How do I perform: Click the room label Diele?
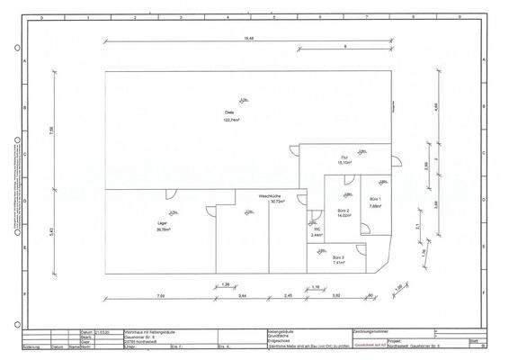(229, 112)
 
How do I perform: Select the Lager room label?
(162, 223)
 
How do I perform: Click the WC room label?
(317, 229)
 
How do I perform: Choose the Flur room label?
(344, 157)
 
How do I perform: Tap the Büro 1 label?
(375, 199)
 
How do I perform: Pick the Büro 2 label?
(344, 210)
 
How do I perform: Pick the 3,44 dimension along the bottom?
(242, 295)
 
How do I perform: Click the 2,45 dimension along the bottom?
(288, 295)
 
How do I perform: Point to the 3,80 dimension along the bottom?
(335, 295)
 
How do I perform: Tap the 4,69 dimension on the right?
(435, 106)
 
